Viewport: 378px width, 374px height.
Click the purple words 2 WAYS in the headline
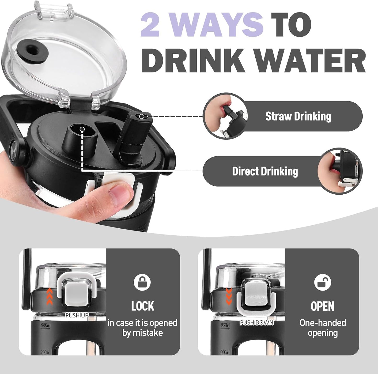(x=202, y=25)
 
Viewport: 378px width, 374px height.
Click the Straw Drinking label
(x=298, y=116)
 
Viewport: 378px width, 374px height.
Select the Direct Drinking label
(x=265, y=171)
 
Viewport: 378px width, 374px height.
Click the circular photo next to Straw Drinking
(x=225, y=116)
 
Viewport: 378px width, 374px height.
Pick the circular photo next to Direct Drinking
(x=340, y=171)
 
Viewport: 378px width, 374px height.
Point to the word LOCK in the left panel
(x=143, y=306)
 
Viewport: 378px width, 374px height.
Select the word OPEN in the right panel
(x=323, y=306)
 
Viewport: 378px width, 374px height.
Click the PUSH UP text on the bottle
(x=77, y=315)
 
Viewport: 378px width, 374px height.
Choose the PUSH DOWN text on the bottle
(x=257, y=323)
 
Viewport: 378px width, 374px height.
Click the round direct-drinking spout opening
(x=82, y=129)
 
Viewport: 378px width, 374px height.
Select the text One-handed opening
(x=323, y=328)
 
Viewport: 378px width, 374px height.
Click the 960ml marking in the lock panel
(x=46, y=325)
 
